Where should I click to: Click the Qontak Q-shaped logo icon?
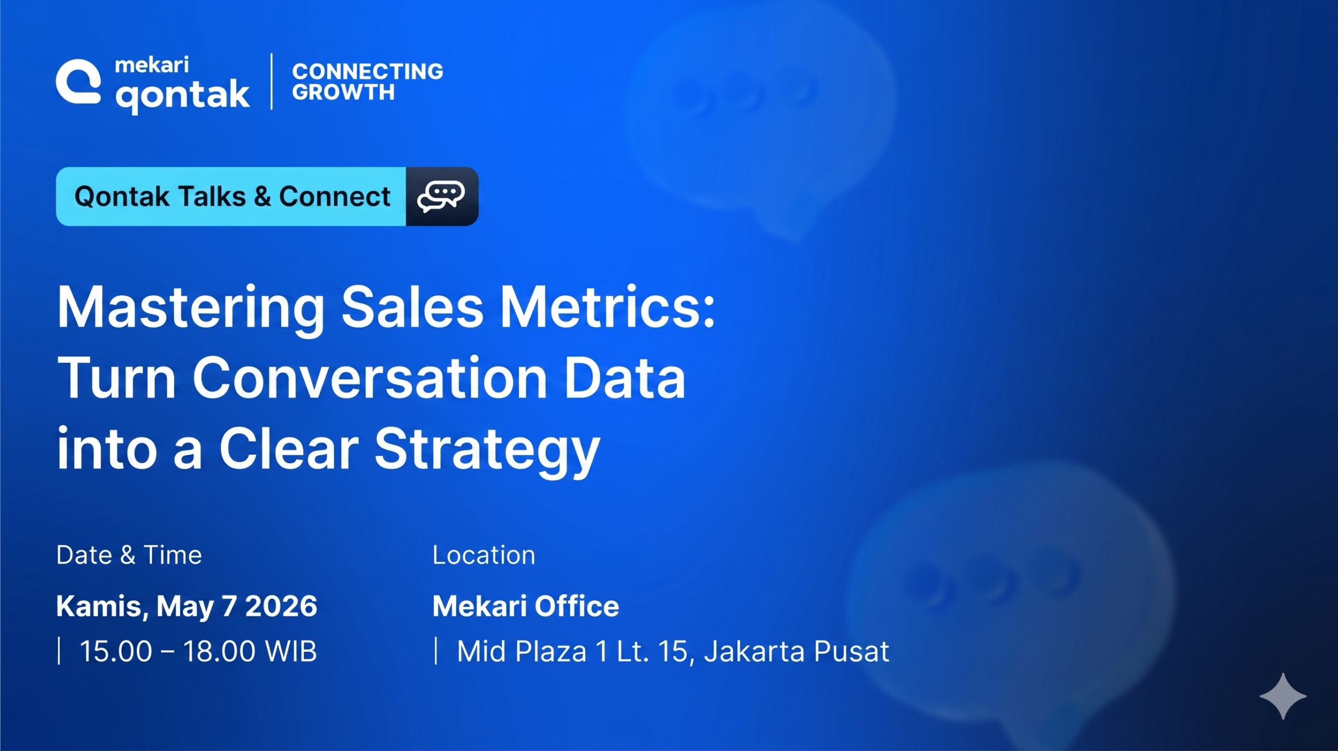78,82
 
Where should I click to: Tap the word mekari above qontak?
152,65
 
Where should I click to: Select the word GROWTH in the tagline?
343,93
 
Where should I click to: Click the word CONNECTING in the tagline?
367,71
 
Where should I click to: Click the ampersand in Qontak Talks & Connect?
262,197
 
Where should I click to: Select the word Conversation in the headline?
370,377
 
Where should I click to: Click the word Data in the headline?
625,377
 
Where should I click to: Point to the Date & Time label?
129,555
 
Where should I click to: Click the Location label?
483,555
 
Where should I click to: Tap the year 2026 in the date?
281,606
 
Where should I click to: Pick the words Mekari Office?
526,606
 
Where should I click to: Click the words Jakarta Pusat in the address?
797,652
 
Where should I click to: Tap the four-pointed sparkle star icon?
1283,696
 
